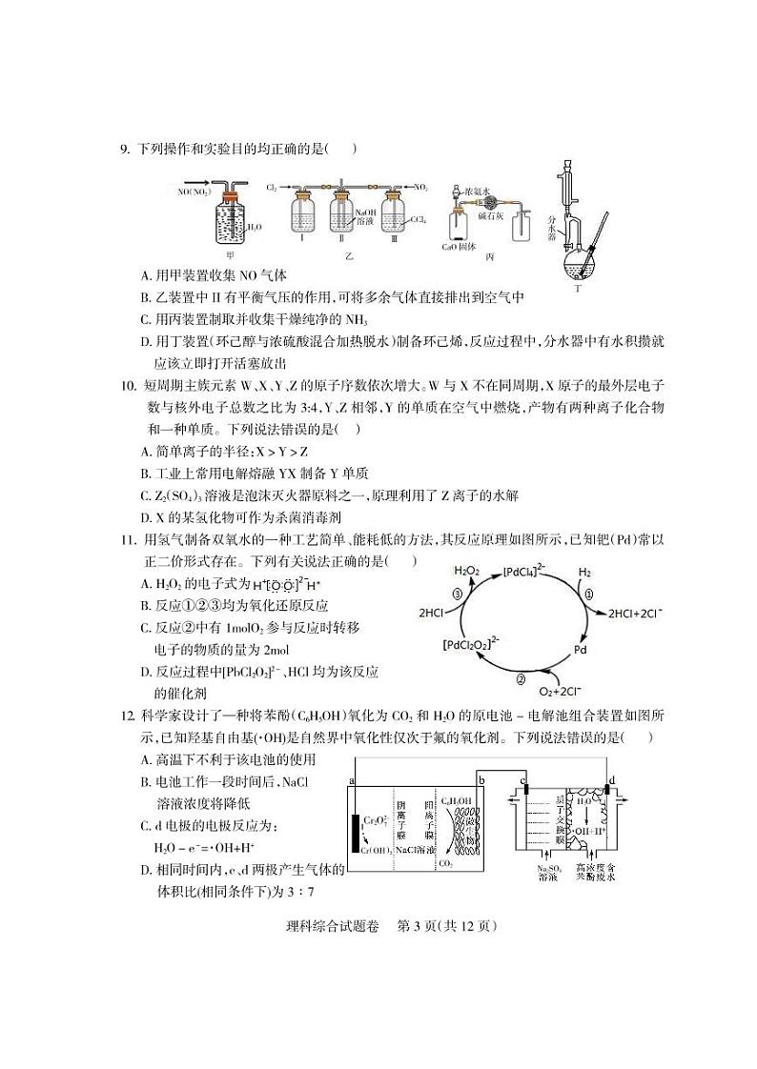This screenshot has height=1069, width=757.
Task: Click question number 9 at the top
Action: pos(125,149)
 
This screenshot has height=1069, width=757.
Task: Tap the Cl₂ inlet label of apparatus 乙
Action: pos(272,189)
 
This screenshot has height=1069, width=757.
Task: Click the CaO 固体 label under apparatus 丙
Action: pos(459,246)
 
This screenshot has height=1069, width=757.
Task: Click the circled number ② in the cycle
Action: pos(521,678)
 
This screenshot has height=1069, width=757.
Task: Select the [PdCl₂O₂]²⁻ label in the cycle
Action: pos(472,644)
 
